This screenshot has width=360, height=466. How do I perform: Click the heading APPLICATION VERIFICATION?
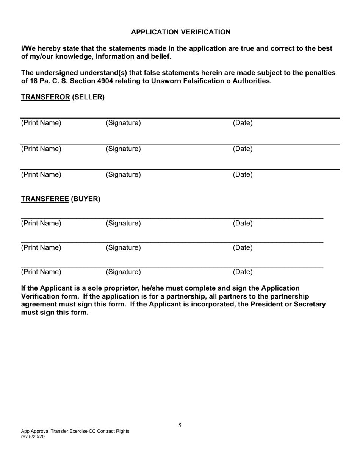click(x=180, y=32)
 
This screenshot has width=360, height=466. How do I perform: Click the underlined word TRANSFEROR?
click(x=45, y=97)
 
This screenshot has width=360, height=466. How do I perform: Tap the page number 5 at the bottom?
click(x=180, y=425)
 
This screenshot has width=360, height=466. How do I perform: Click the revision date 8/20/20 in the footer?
click(x=38, y=436)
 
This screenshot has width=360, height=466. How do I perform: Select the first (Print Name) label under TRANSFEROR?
click(x=41, y=123)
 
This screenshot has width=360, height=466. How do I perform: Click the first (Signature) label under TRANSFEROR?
click(x=123, y=123)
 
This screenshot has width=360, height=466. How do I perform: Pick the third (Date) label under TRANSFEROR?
click(x=243, y=175)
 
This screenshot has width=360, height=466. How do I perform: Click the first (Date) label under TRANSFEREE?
click(x=243, y=224)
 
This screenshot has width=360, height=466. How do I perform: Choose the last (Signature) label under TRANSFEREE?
click(x=123, y=272)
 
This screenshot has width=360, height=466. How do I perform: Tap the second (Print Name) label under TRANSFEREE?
click(x=41, y=248)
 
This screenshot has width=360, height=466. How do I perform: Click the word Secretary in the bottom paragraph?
click(x=308, y=304)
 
